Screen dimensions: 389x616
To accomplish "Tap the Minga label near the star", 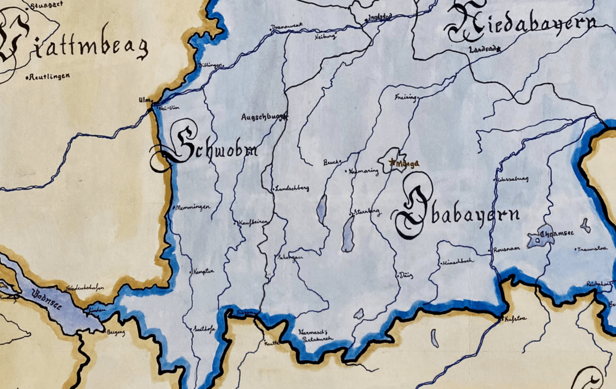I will click(408, 164).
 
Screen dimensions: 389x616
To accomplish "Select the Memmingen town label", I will click(193, 207).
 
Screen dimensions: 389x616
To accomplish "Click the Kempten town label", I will click(203, 271).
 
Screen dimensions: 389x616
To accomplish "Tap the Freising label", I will click(405, 98).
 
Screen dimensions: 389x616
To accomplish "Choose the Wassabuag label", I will click(513, 179).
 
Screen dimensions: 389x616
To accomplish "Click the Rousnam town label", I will click(506, 249).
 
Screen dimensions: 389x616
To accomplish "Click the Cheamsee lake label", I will click(557, 234).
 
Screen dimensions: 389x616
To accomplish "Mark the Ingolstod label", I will click(379, 17).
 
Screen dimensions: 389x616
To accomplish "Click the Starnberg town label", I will click(367, 212).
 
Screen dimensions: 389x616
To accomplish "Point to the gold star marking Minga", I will click(392, 162).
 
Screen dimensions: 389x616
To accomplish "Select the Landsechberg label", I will click(292, 188).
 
